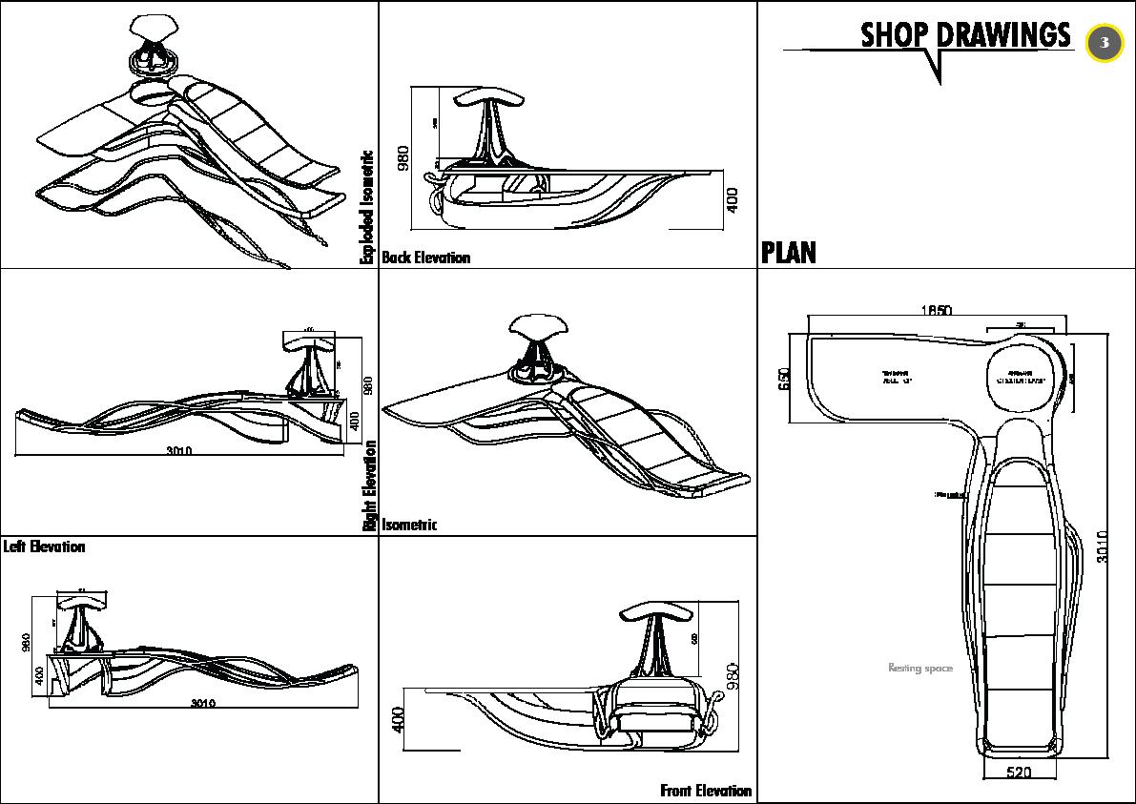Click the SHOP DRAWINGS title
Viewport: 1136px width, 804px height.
point(964,35)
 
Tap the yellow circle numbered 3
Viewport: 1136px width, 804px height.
point(1105,43)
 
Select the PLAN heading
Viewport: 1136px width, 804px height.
point(789,253)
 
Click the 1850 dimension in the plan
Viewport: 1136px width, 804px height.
point(936,310)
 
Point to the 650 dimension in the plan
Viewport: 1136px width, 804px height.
point(785,380)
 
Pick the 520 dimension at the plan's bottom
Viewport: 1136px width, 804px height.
point(1019,773)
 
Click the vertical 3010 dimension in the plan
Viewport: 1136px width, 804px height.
point(1103,547)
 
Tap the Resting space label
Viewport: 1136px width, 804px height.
point(919,669)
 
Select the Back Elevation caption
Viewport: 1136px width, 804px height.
point(425,258)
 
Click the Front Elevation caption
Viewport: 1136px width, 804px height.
point(706,791)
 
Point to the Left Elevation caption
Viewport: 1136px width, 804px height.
point(44,546)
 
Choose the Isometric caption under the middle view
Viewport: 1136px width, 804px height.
point(409,525)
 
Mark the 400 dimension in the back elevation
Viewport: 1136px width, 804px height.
point(733,199)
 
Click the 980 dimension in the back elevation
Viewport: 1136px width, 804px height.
point(403,158)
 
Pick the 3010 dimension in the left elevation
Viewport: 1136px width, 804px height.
point(202,704)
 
